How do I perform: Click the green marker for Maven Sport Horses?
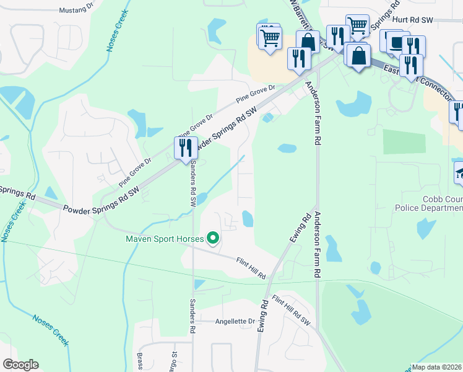pyautogui.click(x=213, y=238)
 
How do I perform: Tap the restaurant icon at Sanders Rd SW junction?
pyautogui.click(x=186, y=148)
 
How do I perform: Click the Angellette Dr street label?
pyautogui.click(x=235, y=322)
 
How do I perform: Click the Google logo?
pyautogui.click(x=20, y=365)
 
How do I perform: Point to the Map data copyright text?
pyautogui.click(x=437, y=367)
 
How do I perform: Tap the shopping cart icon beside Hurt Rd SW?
pyautogui.click(x=358, y=25)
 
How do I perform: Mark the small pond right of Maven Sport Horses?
pyautogui.click(x=248, y=219)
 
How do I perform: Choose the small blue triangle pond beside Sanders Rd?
pyautogui.click(x=199, y=285)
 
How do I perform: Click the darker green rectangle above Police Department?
pyautogui.click(x=404, y=142)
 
